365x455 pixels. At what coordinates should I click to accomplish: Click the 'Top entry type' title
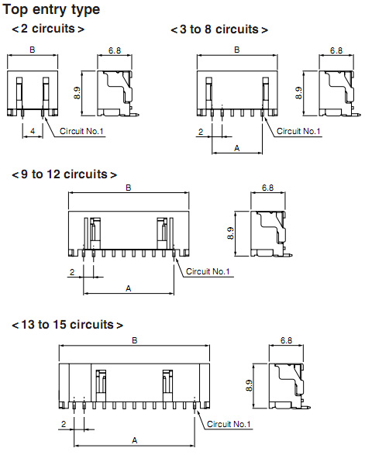click(x=51, y=10)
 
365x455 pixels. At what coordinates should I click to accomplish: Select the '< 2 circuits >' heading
click(x=48, y=29)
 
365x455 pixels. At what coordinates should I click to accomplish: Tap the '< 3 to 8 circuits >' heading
click(x=219, y=29)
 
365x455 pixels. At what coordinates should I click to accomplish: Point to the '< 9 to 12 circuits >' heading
click(x=64, y=174)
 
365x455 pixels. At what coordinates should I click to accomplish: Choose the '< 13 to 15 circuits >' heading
click(x=67, y=325)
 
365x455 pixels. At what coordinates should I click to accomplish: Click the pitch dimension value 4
click(x=33, y=131)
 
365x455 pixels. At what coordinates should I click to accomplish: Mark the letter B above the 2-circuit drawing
click(x=33, y=50)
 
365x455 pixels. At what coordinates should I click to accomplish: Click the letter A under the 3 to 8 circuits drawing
click(x=237, y=148)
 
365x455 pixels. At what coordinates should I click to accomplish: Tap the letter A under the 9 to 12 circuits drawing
click(x=129, y=288)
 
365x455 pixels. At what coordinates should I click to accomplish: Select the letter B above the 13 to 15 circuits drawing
click(x=134, y=340)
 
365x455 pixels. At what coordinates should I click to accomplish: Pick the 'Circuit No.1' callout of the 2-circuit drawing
click(x=81, y=131)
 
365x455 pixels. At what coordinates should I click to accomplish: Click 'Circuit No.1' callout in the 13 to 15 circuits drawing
click(x=229, y=424)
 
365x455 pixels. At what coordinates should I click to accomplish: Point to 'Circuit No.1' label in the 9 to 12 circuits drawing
click(x=208, y=271)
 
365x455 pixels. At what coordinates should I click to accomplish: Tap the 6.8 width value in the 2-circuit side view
click(x=115, y=50)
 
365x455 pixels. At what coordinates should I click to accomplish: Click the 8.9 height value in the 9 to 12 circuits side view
click(x=230, y=233)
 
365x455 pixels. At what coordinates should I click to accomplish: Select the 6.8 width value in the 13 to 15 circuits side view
click(x=287, y=340)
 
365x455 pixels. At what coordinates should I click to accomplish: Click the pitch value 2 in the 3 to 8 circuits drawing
click(x=201, y=132)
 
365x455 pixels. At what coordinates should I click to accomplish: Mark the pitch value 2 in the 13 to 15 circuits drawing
click(x=64, y=424)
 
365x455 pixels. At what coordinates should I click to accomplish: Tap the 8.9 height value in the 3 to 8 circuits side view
click(x=298, y=93)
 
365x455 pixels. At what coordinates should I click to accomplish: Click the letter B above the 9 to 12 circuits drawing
click(x=129, y=188)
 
